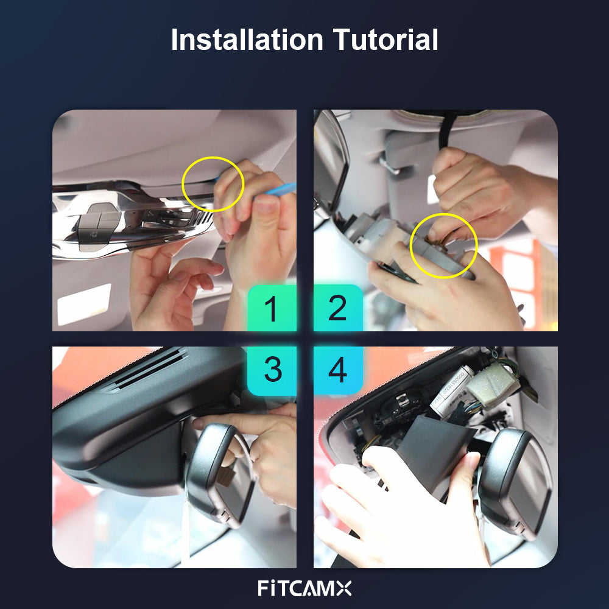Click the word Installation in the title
(x=247, y=39)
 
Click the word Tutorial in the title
(x=385, y=39)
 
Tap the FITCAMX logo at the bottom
(x=304, y=588)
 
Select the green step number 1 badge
(x=272, y=308)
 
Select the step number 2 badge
(x=338, y=308)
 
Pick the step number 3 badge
(x=272, y=370)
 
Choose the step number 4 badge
(x=338, y=370)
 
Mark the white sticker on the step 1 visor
(x=84, y=304)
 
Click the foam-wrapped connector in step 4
(x=493, y=383)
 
